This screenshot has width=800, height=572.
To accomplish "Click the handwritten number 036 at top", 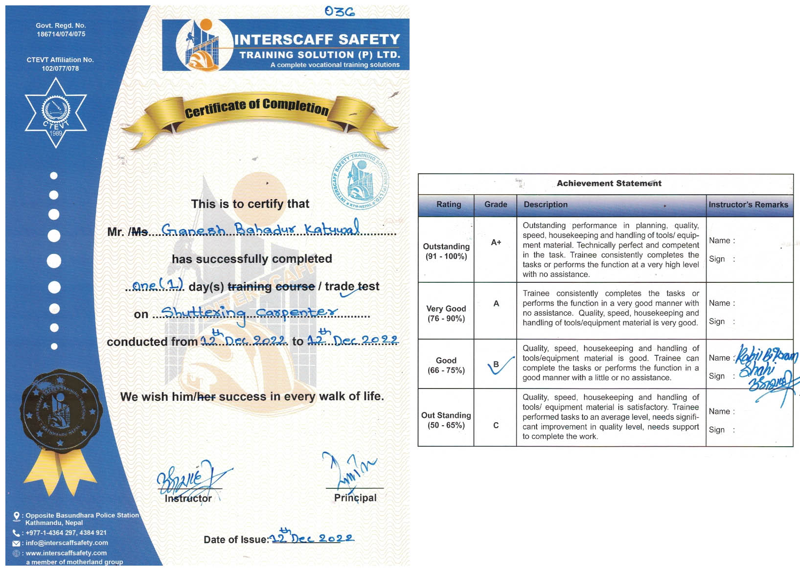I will [339, 11].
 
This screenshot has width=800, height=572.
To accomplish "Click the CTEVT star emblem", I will [56, 113].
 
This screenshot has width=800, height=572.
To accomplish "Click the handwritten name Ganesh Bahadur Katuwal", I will [260, 229].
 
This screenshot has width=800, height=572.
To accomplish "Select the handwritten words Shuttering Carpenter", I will [249, 313].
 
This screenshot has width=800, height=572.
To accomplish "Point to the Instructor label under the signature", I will [188, 499].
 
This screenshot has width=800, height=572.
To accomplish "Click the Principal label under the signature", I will [355, 498].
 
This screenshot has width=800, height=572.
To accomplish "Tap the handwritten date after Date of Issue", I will [312, 538].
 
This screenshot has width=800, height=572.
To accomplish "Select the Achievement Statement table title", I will [609, 183].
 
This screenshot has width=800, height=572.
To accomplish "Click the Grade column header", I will [495, 205].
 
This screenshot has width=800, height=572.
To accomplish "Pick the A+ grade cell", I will [496, 242].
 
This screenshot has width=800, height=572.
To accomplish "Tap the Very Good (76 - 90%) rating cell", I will [446, 314].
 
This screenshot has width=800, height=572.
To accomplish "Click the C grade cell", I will [496, 425].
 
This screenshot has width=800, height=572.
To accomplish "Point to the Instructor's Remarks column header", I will [748, 205].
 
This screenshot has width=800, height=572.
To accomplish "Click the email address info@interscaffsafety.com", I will [67, 543].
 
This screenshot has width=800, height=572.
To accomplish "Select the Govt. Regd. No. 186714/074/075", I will [61, 30].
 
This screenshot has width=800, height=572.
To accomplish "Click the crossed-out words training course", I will [271, 287].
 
